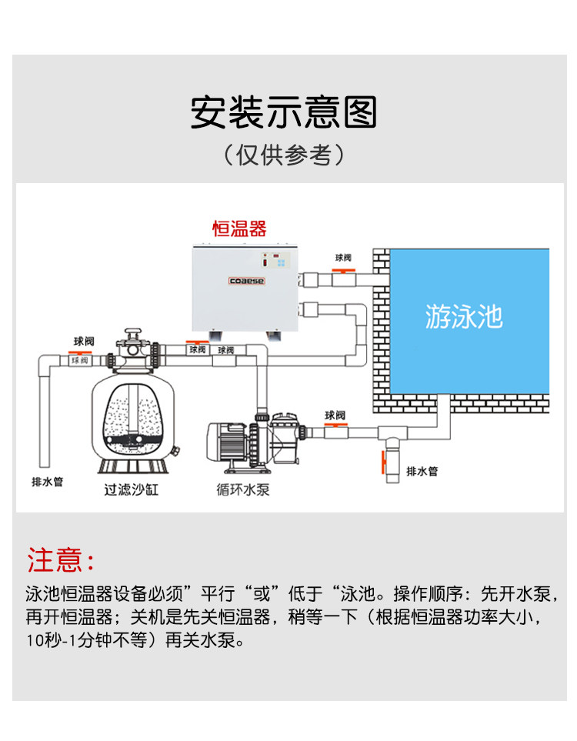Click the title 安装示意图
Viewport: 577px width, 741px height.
click(284, 112)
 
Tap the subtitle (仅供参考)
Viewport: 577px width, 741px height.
click(284, 155)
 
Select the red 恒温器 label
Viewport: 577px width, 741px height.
click(239, 229)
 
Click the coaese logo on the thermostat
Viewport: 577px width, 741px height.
click(245, 282)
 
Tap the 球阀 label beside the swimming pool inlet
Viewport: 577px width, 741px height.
click(342, 258)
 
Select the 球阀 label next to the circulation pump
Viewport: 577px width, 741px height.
click(335, 416)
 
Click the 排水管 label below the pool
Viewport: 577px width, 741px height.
click(421, 471)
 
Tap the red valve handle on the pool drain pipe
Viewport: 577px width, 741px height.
click(381, 464)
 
